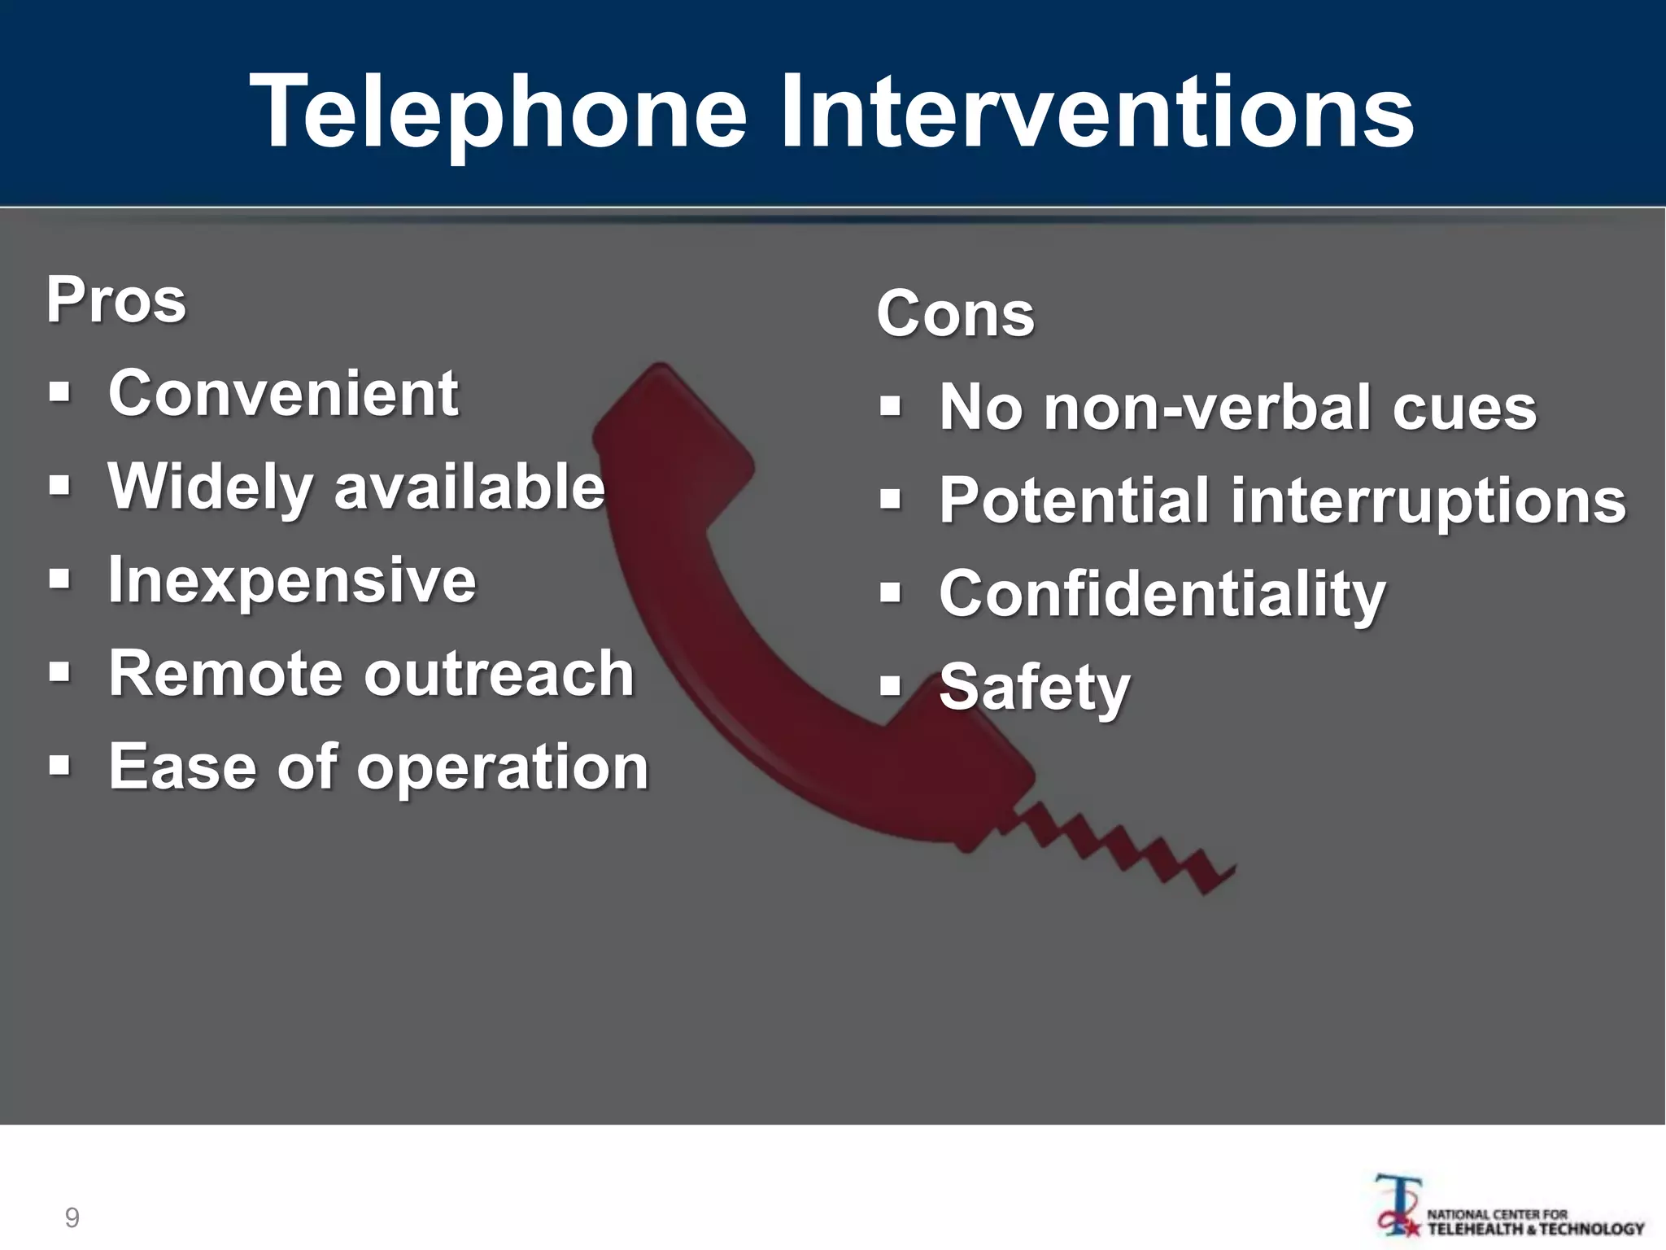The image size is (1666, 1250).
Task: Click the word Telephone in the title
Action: (x=498, y=112)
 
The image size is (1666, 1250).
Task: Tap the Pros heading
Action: (x=116, y=299)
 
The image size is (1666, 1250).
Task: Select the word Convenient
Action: (x=283, y=393)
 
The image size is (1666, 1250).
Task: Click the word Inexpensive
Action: (x=292, y=580)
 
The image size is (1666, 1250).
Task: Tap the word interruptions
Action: (x=1428, y=500)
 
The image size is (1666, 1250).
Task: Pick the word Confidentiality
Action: (x=1162, y=594)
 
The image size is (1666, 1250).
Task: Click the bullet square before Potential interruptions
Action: (x=891, y=500)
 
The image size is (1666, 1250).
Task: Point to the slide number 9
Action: (x=72, y=1218)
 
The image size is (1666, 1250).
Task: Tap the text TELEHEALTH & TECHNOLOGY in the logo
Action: (x=1536, y=1229)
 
